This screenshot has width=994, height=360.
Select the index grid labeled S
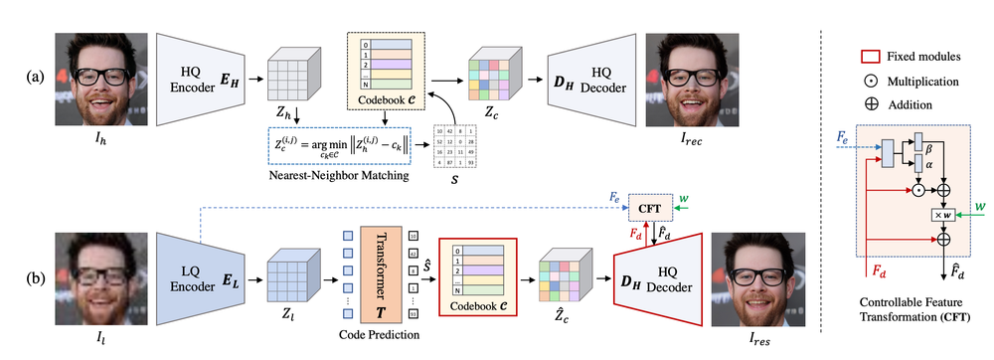[459, 148]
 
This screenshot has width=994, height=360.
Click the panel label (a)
[21, 76]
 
